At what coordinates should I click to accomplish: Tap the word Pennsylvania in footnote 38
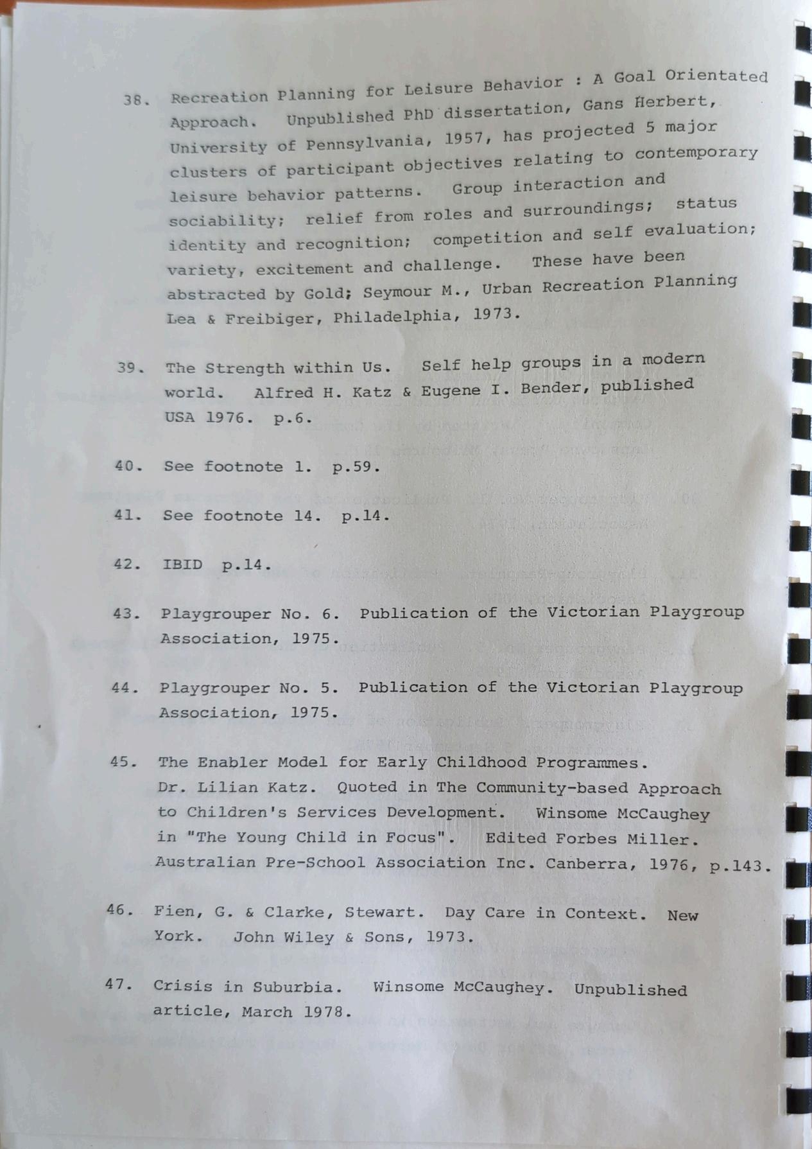click(x=364, y=142)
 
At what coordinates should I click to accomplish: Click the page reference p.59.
click(x=355, y=467)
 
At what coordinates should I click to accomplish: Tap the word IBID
click(x=182, y=565)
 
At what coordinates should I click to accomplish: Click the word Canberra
click(x=590, y=864)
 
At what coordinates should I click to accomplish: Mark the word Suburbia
click(x=294, y=987)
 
